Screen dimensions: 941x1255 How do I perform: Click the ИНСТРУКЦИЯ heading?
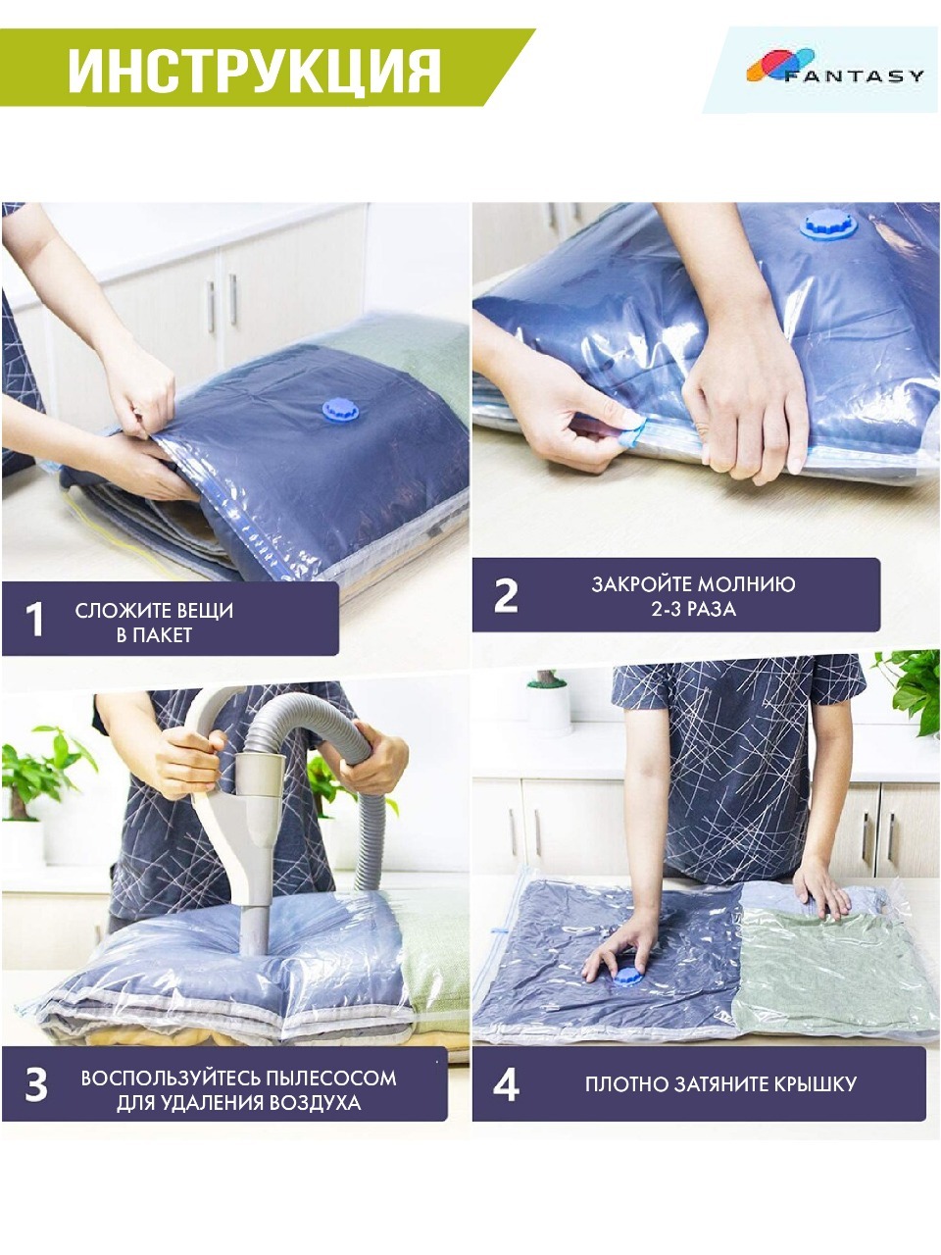point(254,71)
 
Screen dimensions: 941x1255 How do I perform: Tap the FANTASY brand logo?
point(835,66)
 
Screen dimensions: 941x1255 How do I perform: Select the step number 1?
point(35,620)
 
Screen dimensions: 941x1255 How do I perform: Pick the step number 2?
point(506,596)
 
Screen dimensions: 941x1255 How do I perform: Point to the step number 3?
point(36,1084)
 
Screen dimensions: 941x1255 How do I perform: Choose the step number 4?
point(506,1084)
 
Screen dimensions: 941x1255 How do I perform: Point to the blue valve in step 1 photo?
point(340,410)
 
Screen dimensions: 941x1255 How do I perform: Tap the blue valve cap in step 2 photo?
point(828,226)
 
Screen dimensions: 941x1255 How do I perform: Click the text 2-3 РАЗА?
point(693,609)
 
